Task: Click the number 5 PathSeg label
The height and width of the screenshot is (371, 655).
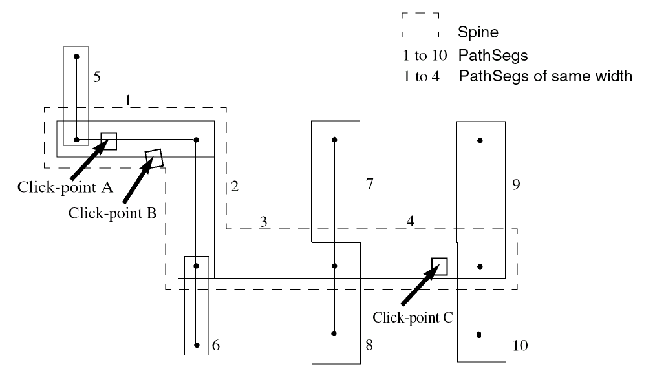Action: (96, 78)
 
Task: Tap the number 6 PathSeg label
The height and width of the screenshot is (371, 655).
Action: (216, 346)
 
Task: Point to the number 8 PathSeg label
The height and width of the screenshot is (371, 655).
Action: (369, 346)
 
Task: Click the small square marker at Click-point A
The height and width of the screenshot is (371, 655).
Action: (109, 140)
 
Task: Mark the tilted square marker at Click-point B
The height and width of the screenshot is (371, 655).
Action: (153, 158)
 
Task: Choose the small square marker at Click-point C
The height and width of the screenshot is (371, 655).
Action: (440, 266)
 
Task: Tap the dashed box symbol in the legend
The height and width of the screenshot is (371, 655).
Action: (420, 24)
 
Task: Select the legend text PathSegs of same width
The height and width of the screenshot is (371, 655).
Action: (544, 77)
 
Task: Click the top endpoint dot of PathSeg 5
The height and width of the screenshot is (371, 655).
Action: (76, 57)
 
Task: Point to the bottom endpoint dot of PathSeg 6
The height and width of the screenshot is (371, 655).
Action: (197, 344)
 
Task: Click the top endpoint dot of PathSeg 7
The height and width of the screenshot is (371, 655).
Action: (335, 139)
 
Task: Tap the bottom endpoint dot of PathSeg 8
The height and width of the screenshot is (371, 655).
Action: (335, 334)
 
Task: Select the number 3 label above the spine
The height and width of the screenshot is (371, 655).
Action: (263, 222)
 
